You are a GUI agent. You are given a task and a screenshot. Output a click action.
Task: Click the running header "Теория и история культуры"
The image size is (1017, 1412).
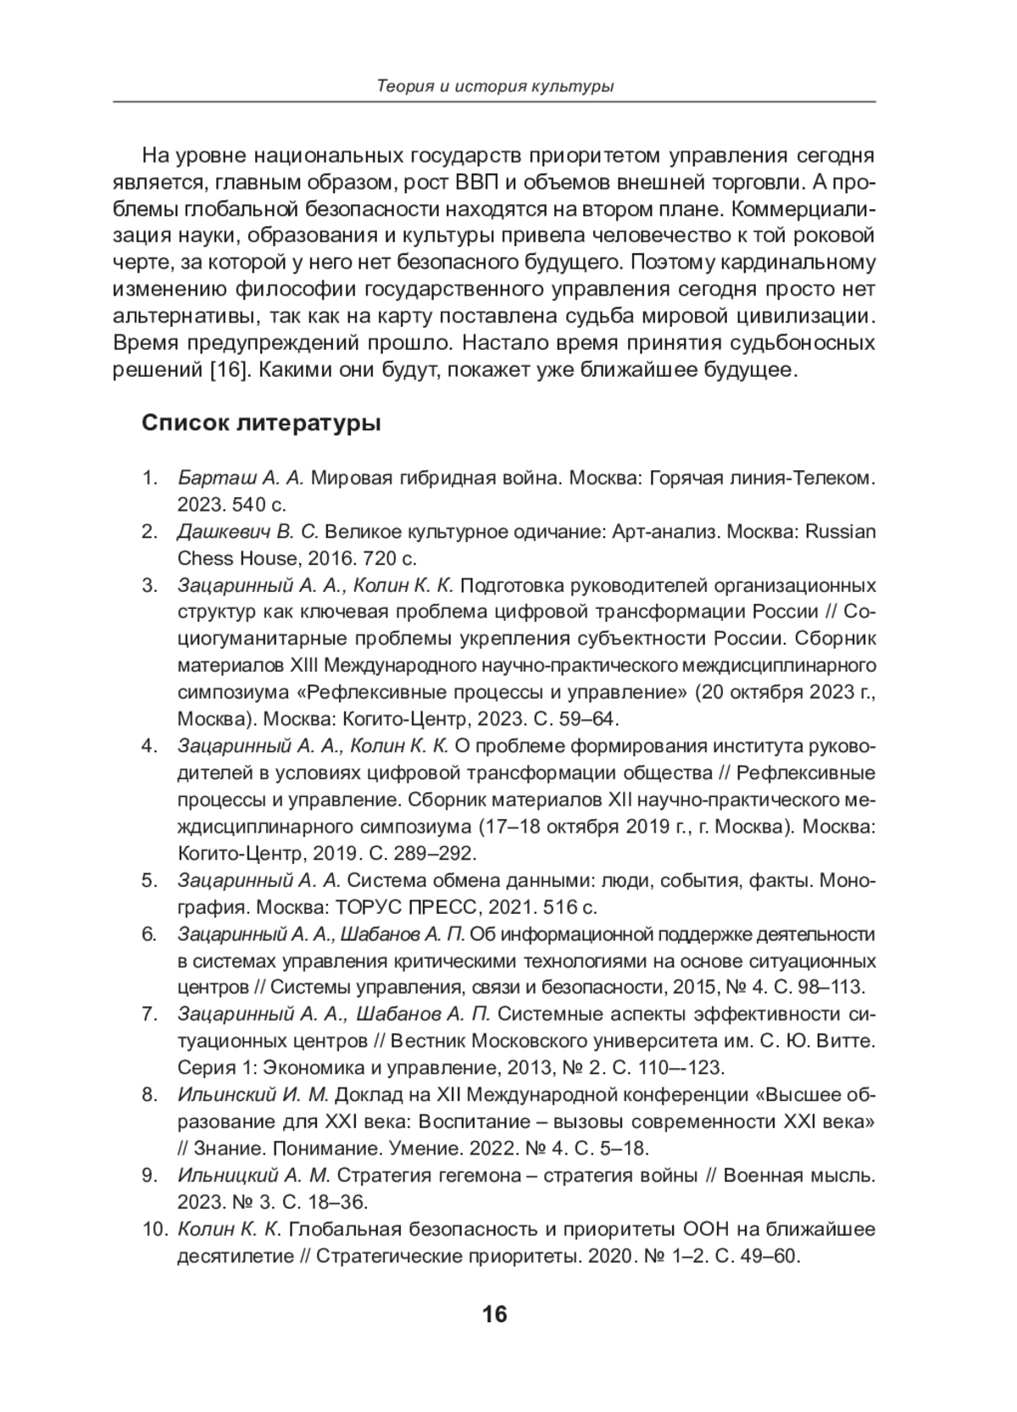[495, 86]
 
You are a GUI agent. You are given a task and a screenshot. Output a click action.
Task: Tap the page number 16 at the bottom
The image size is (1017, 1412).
[494, 1314]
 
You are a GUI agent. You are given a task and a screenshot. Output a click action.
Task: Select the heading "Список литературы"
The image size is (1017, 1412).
[261, 423]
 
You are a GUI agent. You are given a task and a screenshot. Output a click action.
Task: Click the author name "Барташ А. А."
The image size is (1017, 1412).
[241, 479]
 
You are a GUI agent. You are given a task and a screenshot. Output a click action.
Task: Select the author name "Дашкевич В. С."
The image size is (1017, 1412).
[247, 533]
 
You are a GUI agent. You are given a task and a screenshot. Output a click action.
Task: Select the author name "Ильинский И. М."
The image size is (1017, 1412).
[252, 1094]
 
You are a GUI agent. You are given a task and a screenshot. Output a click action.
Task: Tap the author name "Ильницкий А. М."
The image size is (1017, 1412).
[254, 1176]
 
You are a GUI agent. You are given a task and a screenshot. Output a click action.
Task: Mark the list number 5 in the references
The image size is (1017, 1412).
[149, 881]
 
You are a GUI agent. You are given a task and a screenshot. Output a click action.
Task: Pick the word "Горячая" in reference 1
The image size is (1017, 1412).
[681, 479]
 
